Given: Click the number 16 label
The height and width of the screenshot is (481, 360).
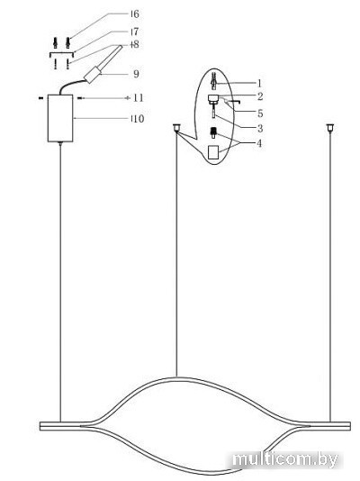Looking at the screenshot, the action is coord(135,14).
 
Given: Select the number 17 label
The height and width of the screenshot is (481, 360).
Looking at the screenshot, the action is coord(135,32).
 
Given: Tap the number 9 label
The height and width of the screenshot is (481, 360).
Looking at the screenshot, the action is coord(136,74).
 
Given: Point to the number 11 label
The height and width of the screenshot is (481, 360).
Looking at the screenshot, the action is coord(139,98).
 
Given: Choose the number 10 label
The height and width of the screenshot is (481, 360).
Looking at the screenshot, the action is coord(138,118).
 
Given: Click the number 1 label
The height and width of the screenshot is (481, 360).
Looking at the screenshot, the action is coord(259,83).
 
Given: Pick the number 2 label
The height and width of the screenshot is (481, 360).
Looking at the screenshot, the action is coord(260,96).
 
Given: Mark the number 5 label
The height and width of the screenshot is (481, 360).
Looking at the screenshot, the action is coord(260,113).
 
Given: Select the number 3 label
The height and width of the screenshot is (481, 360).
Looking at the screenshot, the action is coord(260,128).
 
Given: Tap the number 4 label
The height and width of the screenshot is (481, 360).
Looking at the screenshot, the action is coord(259,143).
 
